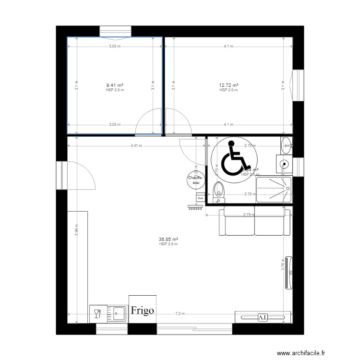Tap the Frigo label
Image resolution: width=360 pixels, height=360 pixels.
[141, 310]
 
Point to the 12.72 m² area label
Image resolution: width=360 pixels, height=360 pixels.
[228, 86]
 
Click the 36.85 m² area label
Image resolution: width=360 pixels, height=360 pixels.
[168, 240]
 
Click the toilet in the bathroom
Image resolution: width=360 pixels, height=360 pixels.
[219, 189]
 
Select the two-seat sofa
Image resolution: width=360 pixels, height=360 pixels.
[254, 222]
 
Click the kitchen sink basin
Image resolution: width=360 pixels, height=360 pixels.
[118, 314]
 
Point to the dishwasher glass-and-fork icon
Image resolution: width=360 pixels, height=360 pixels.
[97, 314]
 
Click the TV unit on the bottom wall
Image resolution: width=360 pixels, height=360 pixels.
[263, 317]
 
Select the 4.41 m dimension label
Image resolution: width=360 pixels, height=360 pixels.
[136, 146]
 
